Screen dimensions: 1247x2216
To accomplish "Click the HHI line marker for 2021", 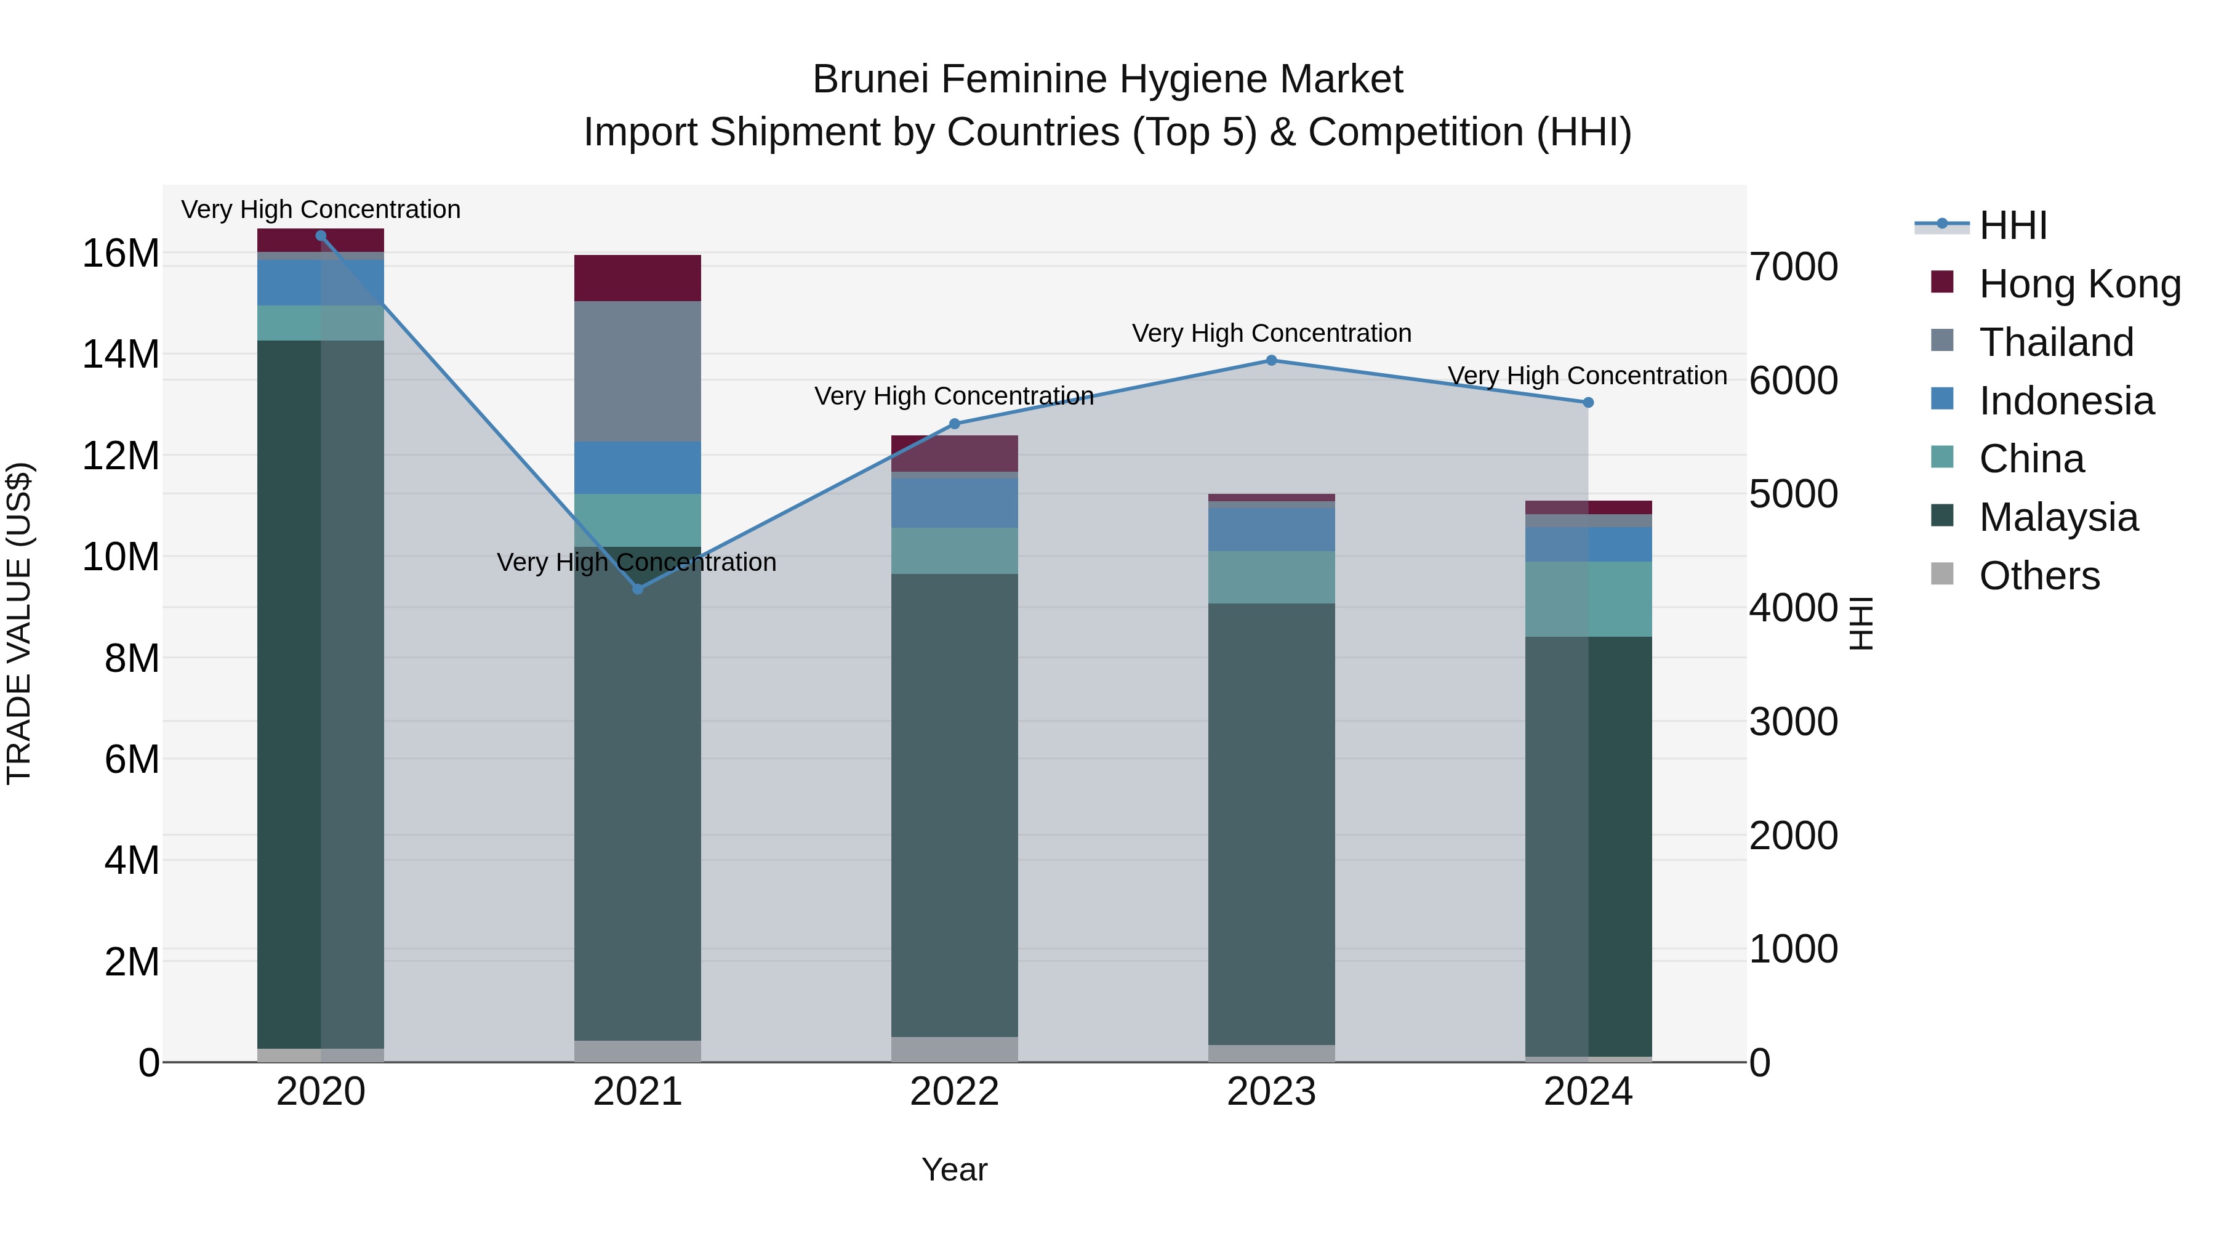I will pos(638,589).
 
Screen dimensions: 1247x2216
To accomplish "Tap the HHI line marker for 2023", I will pos(1272,361).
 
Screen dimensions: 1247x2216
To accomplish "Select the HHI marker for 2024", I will pos(1588,403).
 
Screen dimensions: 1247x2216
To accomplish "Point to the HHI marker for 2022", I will pos(954,424).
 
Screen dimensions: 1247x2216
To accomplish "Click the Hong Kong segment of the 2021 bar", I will pos(638,278).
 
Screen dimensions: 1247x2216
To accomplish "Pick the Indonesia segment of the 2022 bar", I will pos(954,502).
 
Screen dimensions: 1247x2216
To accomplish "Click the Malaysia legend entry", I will pos(2058,517).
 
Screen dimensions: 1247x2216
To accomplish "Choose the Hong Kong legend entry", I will pos(2079,284).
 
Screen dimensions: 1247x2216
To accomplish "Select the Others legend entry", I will pos(2039,576).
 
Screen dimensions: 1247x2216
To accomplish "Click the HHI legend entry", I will pos(2012,225).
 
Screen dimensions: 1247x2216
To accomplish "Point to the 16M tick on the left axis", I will pos(121,254).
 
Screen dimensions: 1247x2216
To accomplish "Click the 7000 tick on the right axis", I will pos(1794,267).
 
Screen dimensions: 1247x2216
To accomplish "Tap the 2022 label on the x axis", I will pos(954,1092).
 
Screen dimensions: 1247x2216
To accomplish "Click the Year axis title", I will pos(954,1169).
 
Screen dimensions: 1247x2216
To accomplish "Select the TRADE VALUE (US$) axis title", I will pos(19,623).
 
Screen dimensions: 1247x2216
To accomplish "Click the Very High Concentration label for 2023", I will pos(1272,333).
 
